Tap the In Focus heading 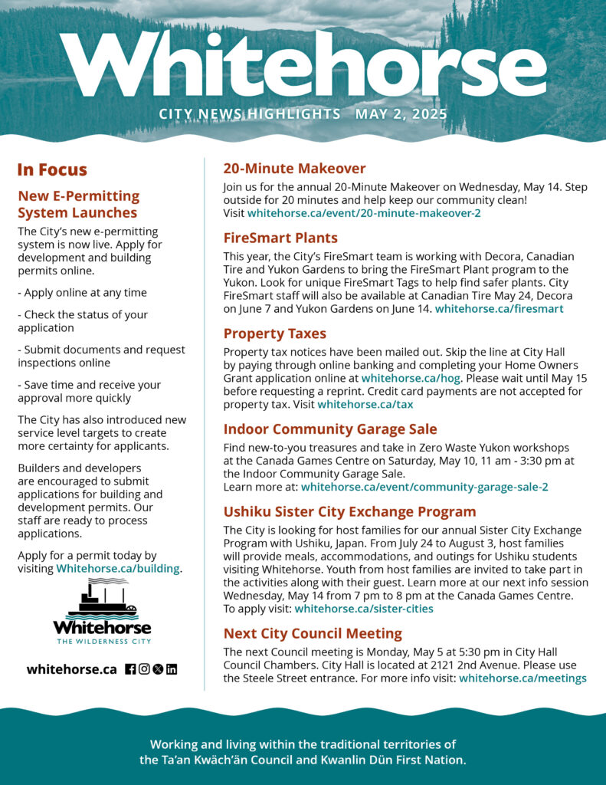(52, 169)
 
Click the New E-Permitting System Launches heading (78, 204)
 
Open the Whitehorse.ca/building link (118, 569)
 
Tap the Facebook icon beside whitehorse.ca (130, 669)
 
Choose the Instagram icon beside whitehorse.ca (144, 669)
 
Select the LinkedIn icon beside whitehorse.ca (172, 669)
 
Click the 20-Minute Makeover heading (294, 169)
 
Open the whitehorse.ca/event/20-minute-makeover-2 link (364, 213)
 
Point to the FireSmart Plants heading (280, 238)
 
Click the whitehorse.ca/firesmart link (499, 309)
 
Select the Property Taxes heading (274, 333)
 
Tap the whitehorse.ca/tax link (365, 404)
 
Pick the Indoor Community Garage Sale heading (330, 429)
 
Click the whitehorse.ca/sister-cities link (364, 609)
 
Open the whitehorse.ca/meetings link (522, 678)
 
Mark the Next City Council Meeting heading (313, 633)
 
